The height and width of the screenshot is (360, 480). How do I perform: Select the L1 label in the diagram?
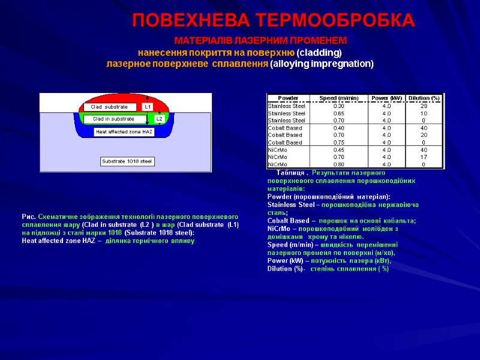point(148,107)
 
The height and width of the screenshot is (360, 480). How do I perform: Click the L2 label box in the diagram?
point(159,119)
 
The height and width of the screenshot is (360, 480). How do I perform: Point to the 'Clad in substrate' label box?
point(113,119)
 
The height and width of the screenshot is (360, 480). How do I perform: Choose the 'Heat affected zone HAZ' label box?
point(124,131)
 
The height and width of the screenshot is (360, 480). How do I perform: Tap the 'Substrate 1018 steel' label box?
point(127,161)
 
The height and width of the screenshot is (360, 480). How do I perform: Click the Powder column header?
point(288,98)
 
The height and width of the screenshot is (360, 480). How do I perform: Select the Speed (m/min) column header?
point(338,98)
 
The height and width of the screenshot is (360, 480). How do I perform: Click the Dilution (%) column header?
point(424,98)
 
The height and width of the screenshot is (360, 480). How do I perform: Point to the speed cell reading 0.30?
point(338,106)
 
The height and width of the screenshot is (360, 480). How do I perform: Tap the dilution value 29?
point(424,106)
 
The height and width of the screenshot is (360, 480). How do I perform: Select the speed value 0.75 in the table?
point(338,142)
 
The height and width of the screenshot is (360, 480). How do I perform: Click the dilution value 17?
point(424,157)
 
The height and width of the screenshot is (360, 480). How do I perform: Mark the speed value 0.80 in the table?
point(338,164)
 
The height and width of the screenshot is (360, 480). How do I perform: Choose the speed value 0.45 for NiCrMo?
point(338,149)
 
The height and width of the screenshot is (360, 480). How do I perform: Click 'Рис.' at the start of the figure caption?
point(28,217)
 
